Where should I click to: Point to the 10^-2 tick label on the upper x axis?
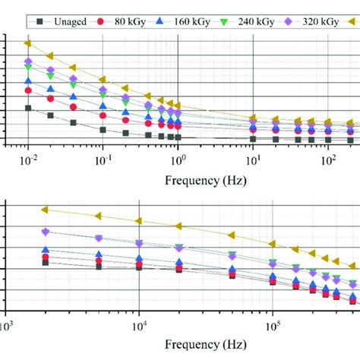(28, 161)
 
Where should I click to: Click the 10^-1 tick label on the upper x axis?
(103, 161)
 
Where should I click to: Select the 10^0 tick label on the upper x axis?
(178, 161)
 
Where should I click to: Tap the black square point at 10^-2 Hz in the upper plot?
(28, 108)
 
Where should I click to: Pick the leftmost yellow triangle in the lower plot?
(45, 209)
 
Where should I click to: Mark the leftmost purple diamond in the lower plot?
(45, 232)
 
